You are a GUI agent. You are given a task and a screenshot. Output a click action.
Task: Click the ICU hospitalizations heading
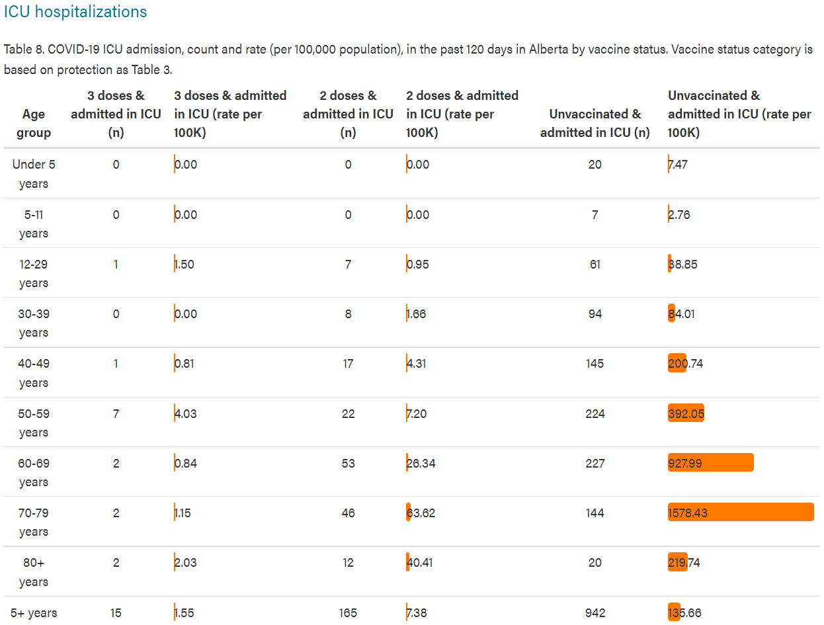point(75,12)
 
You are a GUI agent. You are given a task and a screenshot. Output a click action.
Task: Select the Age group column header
point(34,123)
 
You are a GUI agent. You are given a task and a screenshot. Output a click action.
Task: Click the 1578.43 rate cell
point(687,513)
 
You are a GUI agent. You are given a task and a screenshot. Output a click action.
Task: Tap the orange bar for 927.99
point(710,462)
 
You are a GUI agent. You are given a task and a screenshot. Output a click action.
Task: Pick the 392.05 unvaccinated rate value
point(686,413)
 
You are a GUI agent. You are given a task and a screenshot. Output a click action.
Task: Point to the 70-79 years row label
point(34,522)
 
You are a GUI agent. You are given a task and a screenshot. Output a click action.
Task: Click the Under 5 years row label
point(34,174)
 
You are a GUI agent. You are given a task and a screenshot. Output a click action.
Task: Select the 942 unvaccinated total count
point(595,612)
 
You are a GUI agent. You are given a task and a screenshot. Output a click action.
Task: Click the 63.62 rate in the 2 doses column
point(421,513)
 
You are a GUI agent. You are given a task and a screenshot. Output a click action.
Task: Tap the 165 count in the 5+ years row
point(348,612)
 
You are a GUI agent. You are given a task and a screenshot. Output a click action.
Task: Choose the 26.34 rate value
point(421,463)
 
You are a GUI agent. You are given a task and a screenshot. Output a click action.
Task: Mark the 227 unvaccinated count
point(595,463)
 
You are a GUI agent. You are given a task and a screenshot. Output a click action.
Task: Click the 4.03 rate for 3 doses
point(185,413)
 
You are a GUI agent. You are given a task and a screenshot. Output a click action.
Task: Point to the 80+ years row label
point(34,572)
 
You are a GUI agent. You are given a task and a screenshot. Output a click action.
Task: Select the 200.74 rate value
point(685,363)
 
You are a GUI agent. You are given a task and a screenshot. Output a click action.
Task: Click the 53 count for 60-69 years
point(348,463)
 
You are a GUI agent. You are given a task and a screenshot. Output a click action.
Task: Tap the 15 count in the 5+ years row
point(116,612)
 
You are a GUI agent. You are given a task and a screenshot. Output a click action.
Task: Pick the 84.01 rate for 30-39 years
point(681,313)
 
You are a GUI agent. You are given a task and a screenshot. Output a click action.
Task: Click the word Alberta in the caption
point(548,49)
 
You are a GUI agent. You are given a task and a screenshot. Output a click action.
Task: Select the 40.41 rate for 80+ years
point(419,562)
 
